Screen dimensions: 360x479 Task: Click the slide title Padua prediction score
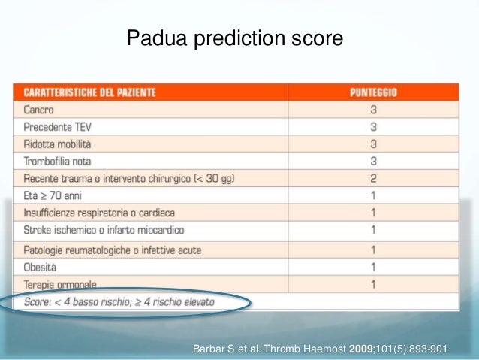coord(235,38)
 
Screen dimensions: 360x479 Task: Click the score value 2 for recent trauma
coord(373,178)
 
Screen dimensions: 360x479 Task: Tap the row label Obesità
coord(41,267)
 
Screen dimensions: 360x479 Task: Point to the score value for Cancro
coord(373,110)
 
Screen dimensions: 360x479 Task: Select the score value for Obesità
coord(373,267)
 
